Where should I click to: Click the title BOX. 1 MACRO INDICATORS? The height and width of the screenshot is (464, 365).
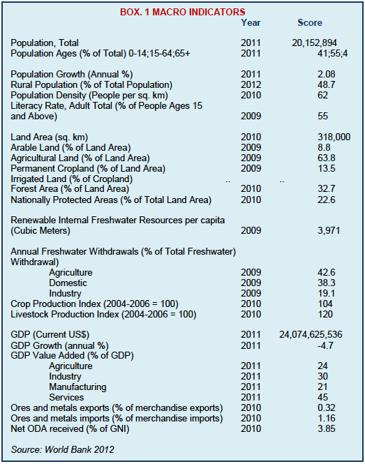(183, 12)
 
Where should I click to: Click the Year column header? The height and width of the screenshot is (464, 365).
(251, 23)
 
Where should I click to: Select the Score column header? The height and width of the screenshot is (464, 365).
(310, 23)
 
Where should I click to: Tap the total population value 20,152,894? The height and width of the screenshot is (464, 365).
(314, 43)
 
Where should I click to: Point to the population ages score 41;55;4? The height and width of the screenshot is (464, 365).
(333, 54)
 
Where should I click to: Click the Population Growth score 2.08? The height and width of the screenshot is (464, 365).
(327, 74)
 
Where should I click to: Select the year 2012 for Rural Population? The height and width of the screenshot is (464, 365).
(251, 85)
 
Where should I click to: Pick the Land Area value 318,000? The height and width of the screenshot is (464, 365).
(334, 137)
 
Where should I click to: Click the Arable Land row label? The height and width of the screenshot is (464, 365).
(70, 148)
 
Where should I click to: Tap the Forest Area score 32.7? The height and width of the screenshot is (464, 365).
(327, 189)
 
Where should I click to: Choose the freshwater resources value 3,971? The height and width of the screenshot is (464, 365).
(329, 230)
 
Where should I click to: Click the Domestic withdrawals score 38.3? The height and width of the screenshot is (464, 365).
(327, 283)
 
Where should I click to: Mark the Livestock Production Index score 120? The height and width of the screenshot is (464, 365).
(325, 314)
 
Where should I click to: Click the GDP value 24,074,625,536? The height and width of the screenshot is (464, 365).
(311, 335)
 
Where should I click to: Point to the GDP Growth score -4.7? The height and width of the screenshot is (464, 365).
(325, 345)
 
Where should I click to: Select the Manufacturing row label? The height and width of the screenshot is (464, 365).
(77, 387)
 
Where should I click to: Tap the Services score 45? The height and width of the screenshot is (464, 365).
(322, 398)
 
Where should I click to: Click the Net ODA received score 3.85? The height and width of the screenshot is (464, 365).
(327, 429)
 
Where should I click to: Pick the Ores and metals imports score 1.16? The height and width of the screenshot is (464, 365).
(327, 419)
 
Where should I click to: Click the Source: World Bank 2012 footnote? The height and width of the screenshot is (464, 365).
(62, 450)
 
